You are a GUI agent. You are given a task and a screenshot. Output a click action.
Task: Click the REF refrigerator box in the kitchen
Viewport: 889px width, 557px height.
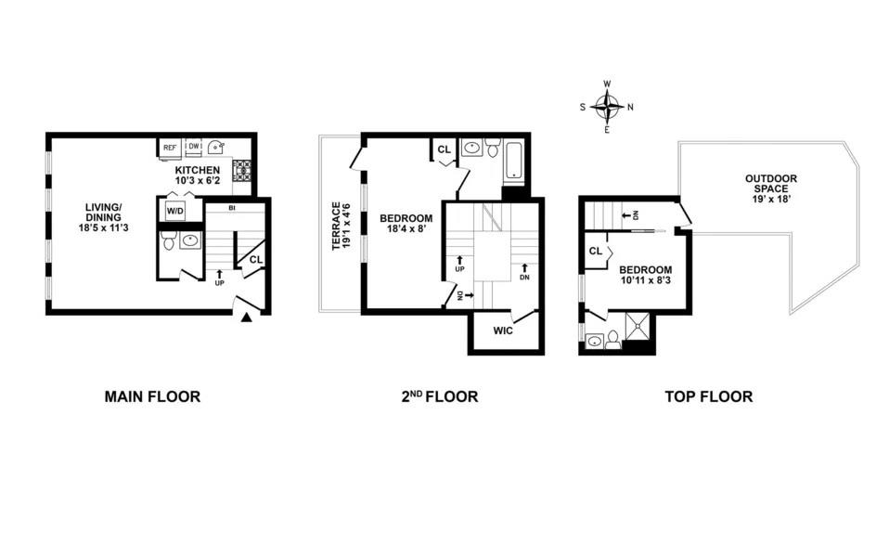coord(170,147)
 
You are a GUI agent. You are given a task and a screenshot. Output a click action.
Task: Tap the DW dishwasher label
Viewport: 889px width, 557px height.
coord(194,147)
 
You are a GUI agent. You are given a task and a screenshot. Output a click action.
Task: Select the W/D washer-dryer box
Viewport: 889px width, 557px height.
coord(175,211)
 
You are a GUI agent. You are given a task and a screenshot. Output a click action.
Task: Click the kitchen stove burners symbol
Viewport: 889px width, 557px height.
coord(242,171)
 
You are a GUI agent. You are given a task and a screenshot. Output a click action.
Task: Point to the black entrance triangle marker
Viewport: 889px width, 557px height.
coord(246,317)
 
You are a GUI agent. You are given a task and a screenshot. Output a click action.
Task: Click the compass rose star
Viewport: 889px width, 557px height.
coord(608,107)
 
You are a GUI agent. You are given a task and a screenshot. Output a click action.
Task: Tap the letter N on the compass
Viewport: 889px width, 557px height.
coord(630,107)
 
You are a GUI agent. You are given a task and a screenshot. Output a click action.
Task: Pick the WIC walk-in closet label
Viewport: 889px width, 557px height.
coord(503,330)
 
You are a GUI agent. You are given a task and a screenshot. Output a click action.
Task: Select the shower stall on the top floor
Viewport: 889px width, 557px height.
coord(639,326)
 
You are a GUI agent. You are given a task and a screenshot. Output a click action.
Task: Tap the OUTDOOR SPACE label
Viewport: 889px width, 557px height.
coord(771,183)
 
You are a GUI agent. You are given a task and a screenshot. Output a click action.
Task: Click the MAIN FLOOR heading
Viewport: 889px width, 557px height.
coord(152,396)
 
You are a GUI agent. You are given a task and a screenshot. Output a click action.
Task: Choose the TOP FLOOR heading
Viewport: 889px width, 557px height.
coord(709,396)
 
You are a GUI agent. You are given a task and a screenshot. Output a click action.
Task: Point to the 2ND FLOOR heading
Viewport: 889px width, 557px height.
coord(440,396)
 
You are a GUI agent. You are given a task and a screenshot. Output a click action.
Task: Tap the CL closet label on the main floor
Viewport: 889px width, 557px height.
coord(256,259)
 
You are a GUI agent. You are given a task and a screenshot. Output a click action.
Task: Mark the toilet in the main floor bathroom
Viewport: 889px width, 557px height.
coord(168,241)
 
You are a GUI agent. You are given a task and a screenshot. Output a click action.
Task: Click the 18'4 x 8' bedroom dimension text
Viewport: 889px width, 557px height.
coord(406,229)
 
